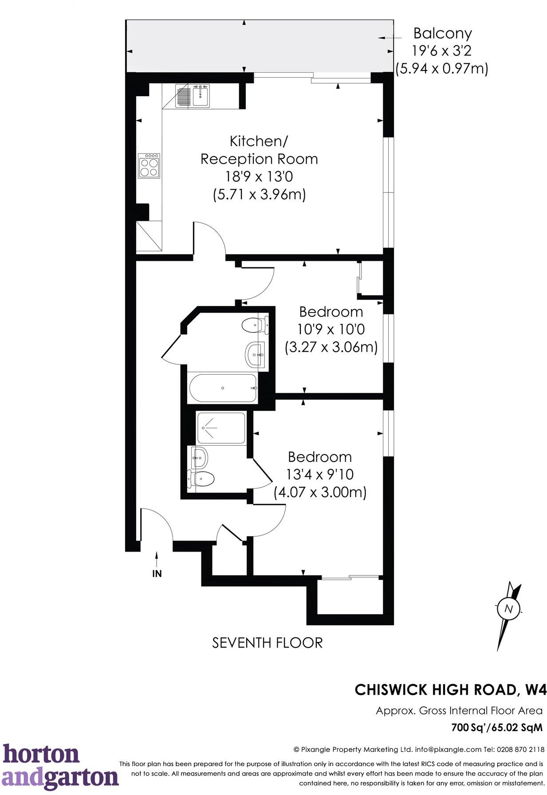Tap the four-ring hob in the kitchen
pos(149,166)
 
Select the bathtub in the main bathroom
pos(223,388)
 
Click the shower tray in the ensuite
pos(221,428)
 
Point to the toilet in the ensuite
pos(202,478)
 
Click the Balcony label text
pos(442,33)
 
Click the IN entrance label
pos(157,573)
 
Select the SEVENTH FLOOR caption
pos(267,642)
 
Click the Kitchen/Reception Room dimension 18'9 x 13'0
pos(259,176)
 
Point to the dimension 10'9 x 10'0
pos(331,329)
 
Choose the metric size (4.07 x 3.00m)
pos(320,492)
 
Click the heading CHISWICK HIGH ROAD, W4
pos(450,689)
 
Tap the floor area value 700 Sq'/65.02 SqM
pos(496,728)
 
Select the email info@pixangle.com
pos(448,749)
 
